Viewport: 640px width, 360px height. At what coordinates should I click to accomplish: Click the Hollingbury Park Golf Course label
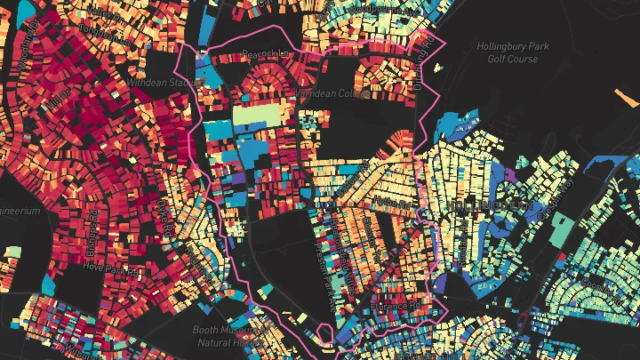pyautogui.click(x=512, y=52)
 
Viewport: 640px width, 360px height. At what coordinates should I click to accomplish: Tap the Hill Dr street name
pyautogui.click(x=60, y=104)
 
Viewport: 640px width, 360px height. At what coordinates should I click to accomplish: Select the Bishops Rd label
pyautogui.click(x=94, y=233)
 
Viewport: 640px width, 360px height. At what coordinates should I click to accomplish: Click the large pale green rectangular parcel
pyautogui.click(x=257, y=116)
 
